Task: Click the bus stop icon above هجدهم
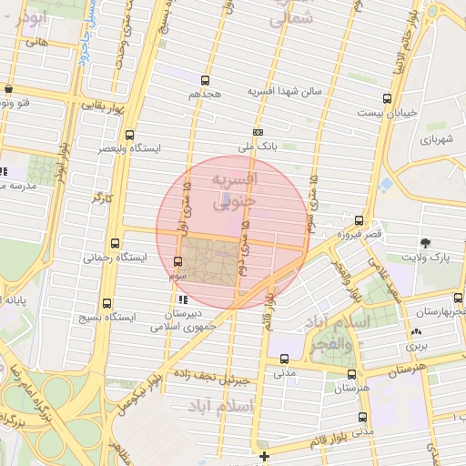(x=204, y=81)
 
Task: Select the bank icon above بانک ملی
(x=258, y=132)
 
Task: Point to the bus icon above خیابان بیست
(x=388, y=98)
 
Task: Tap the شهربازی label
(x=438, y=139)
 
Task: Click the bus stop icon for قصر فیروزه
(x=359, y=220)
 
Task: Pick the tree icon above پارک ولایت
(x=425, y=242)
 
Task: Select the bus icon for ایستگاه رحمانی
(x=115, y=243)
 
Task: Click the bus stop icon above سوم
(x=177, y=262)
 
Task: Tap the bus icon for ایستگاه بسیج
(x=107, y=303)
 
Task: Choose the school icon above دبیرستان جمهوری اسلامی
(x=183, y=299)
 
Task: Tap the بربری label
(x=417, y=347)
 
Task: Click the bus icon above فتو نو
(x=8, y=89)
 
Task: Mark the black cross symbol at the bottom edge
(x=264, y=456)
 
